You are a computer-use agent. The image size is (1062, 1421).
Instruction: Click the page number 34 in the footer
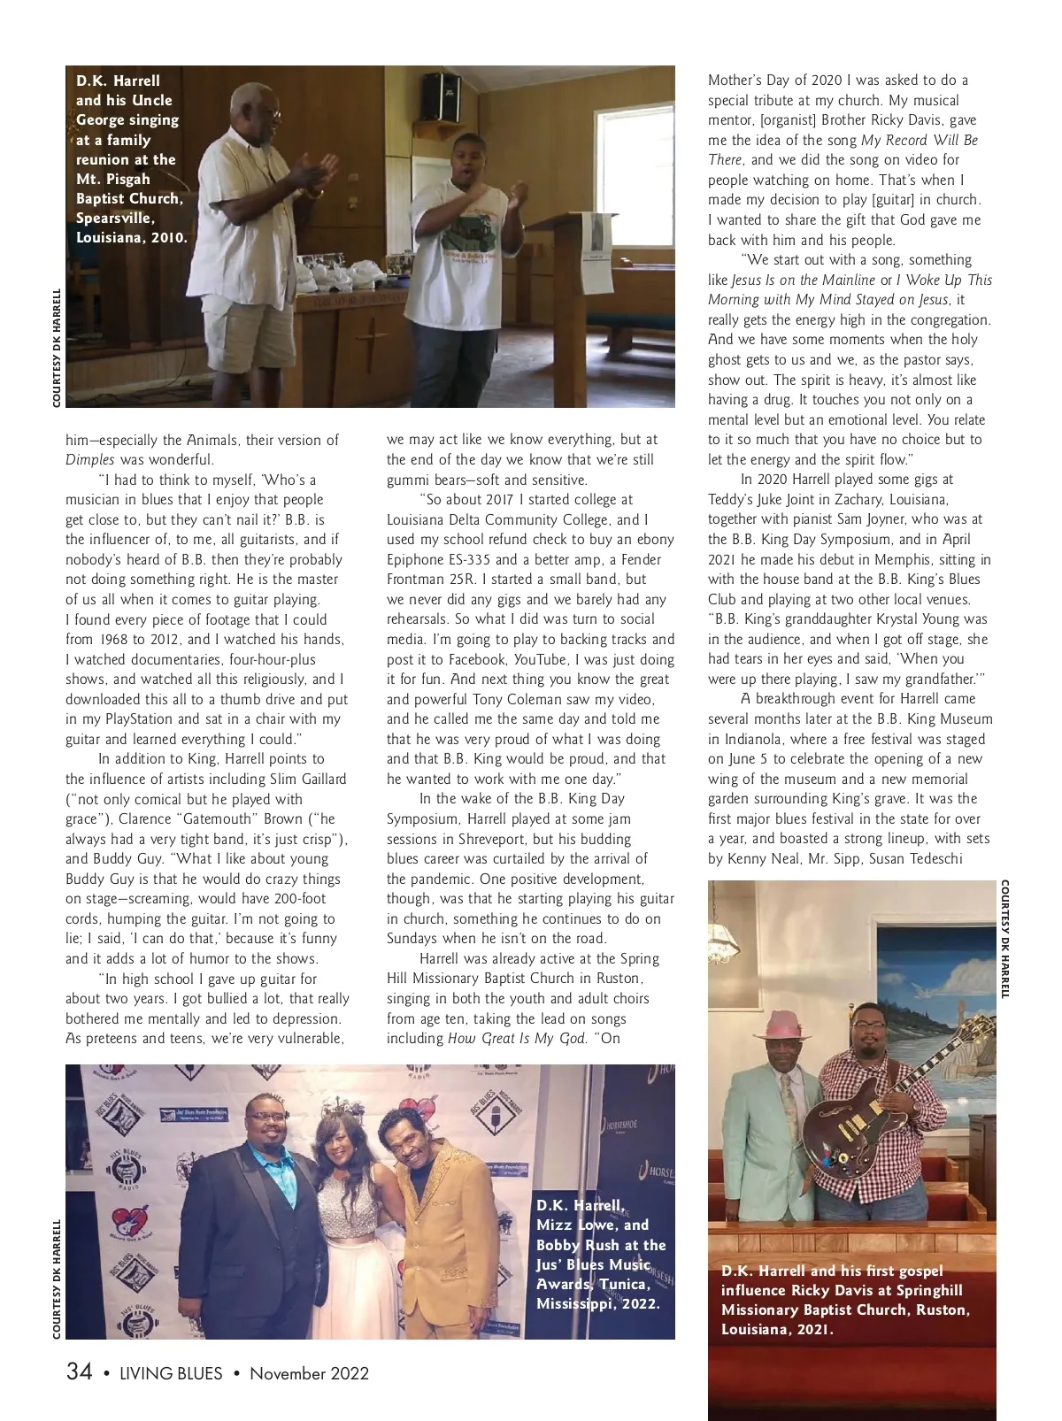point(79,1372)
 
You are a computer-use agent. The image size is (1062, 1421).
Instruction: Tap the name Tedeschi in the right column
point(934,858)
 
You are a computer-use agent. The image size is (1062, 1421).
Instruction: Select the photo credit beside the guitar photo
point(1006,938)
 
